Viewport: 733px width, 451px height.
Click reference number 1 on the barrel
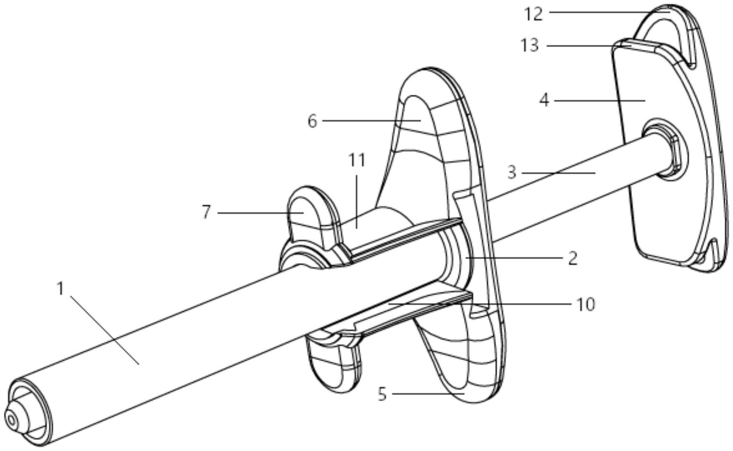click(x=60, y=289)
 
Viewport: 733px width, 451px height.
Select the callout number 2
click(x=572, y=258)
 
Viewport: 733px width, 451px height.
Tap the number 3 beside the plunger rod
click(x=512, y=173)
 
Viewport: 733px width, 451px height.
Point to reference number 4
click(x=544, y=100)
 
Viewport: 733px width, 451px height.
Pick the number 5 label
click(x=382, y=394)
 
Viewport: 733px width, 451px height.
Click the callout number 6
click(x=312, y=121)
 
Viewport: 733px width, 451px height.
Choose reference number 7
click(x=206, y=213)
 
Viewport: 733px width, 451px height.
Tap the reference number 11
click(x=357, y=160)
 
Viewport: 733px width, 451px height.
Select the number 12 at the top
click(x=534, y=14)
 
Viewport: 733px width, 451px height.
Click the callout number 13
click(x=530, y=45)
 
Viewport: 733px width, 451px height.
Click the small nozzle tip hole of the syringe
click(x=11, y=420)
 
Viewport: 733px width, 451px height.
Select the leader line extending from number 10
click(x=479, y=304)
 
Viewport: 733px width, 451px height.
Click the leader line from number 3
click(x=558, y=173)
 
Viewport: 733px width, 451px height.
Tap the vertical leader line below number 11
click(x=357, y=199)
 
